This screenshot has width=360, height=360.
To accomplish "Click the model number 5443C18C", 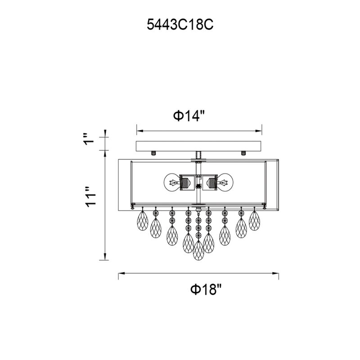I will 180,25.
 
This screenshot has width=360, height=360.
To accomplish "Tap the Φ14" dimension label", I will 189,116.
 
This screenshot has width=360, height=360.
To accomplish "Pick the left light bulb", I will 171,182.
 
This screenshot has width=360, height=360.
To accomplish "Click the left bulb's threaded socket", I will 185,182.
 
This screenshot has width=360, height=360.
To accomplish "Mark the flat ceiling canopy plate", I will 199,146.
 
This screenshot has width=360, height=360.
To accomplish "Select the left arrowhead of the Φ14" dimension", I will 139,131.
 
